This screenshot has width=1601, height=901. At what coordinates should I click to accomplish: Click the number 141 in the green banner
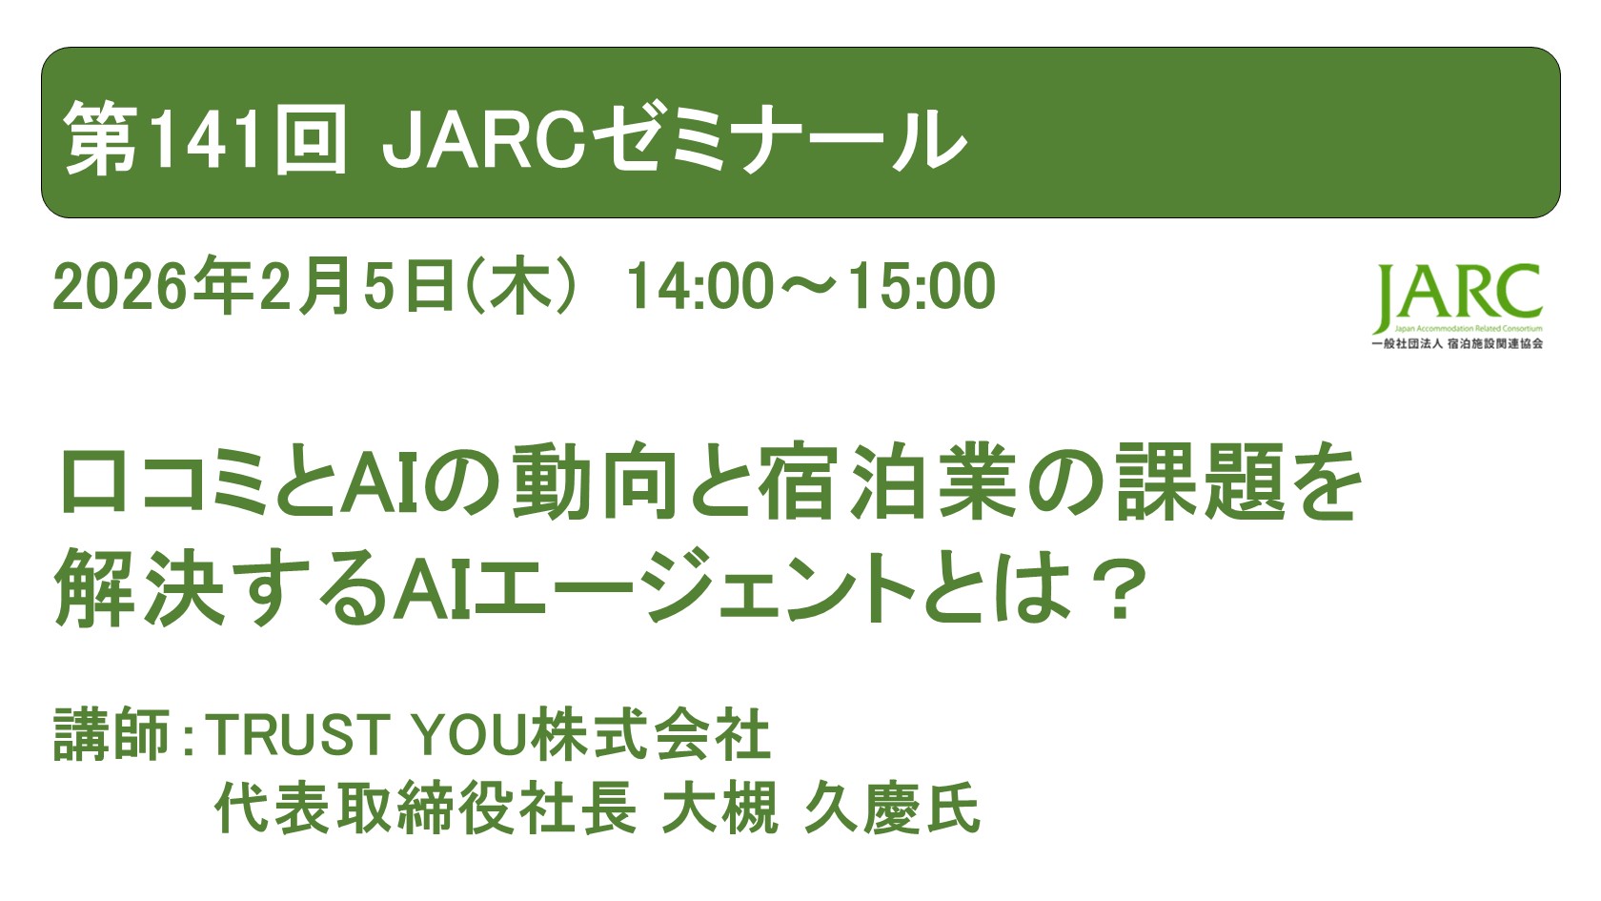pyautogui.click(x=205, y=139)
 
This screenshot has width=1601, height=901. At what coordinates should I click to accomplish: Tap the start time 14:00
pyautogui.click(x=699, y=286)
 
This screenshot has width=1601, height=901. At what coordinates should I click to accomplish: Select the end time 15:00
pyautogui.click(x=921, y=286)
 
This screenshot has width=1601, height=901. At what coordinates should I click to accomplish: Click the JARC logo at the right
pyautogui.click(x=1457, y=296)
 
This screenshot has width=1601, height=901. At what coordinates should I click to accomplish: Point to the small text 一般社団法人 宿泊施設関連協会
pyautogui.click(x=1457, y=344)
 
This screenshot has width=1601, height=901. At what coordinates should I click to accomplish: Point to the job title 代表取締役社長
pyautogui.click(x=425, y=809)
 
